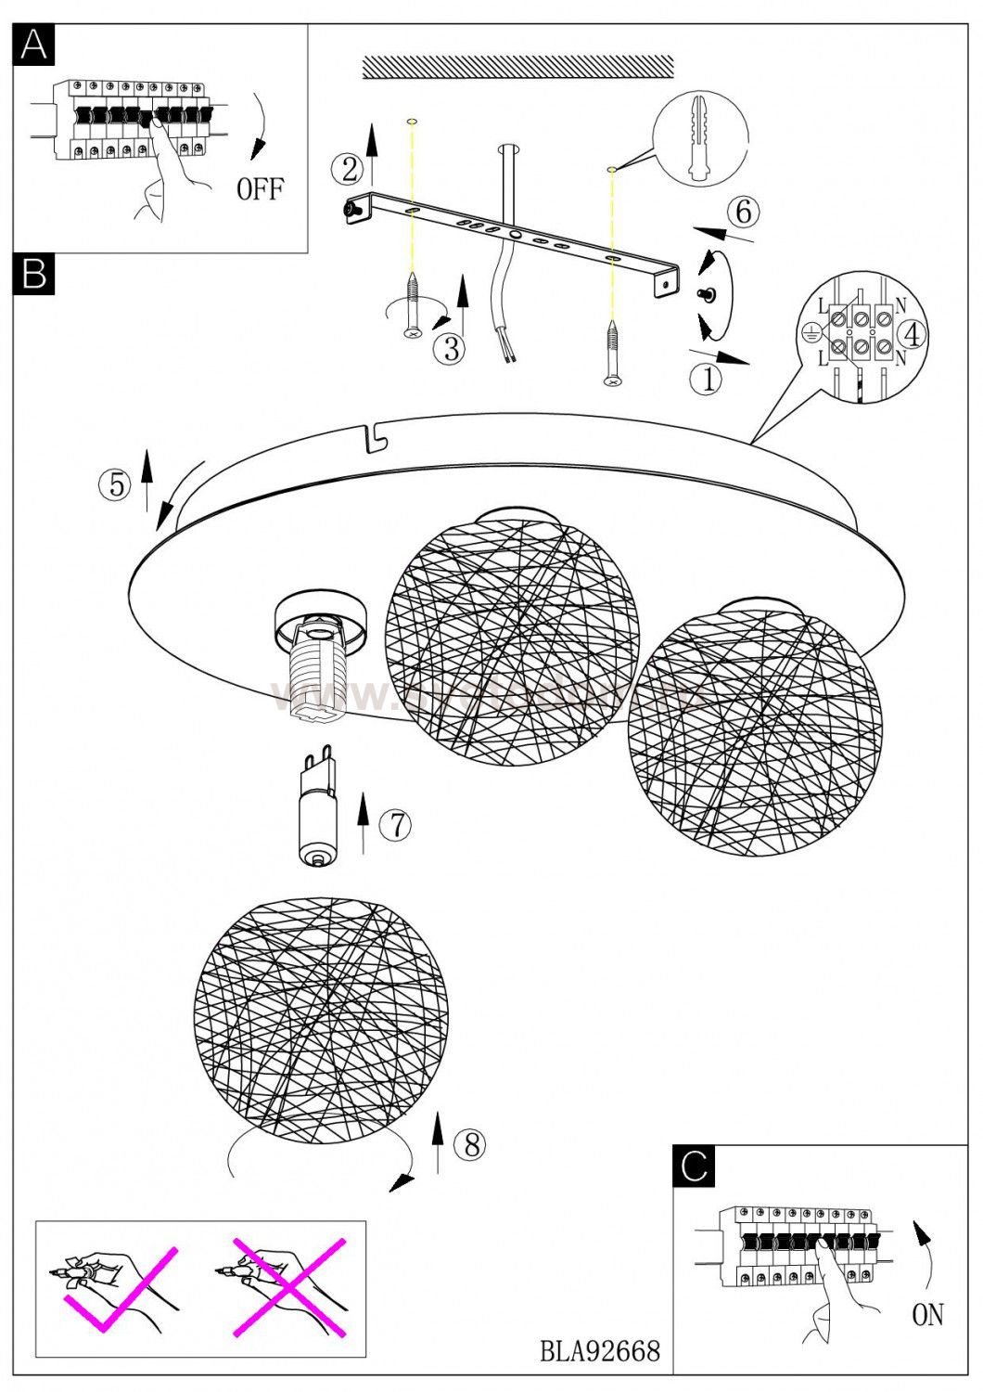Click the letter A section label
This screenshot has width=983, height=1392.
pyautogui.click(x=34, y=44)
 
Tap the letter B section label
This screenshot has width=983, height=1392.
pyautogui.click(x=34, y=274)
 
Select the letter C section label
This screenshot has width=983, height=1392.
pyautogui.click(x=694, y=1166)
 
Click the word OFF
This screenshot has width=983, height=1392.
pyautogui.click(x=260, y=190)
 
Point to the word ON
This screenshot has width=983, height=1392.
pyautogui.click(x=927, y=1314)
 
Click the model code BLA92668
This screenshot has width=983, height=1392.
pyautogui.click(x=600, y=1350)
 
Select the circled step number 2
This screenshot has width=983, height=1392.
pyautogui.click(x=349, y=170)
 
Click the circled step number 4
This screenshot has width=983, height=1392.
pyautogui.click(x=913, y=334)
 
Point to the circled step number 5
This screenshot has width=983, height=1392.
pyautogui.click(x=116, y=484)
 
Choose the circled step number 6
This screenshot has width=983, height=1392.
pyautogui.click(x=744, y=213)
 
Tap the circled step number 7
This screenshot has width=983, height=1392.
pyautogui.click(x=396, y=824)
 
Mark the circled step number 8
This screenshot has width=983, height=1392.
pyautogui.click(x=471, y=1145)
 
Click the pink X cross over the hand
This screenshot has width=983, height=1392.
pyautogui.click(x=289, y=1286)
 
